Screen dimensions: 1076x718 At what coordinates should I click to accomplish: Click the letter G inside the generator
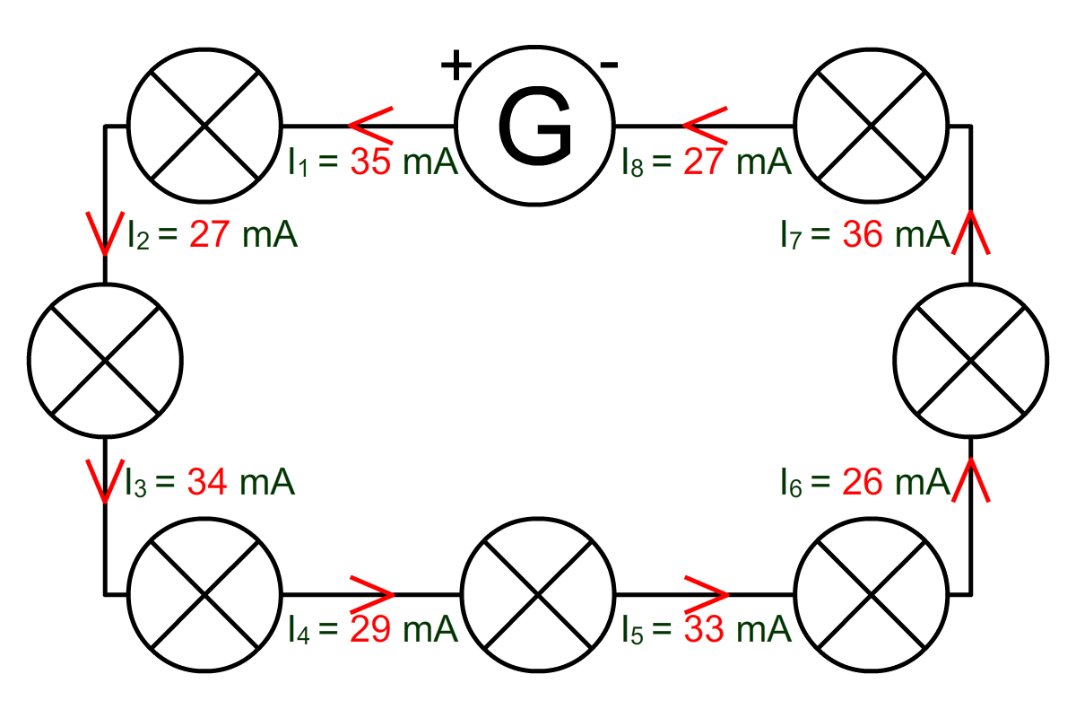534,127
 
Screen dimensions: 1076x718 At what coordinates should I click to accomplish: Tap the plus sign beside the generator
456,65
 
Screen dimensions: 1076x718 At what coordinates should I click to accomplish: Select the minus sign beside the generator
609,64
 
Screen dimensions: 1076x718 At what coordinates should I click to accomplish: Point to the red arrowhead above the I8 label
705,126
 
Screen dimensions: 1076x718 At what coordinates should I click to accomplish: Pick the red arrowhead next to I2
105,233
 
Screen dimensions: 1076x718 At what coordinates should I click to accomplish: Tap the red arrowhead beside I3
105,481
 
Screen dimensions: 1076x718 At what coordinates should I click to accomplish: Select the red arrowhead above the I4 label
372,594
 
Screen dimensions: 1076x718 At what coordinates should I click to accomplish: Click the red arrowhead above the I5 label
707,594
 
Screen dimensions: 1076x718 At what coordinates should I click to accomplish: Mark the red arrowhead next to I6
971,480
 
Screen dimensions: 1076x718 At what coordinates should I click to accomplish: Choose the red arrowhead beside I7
971,232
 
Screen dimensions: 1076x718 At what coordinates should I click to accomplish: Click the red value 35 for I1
370,162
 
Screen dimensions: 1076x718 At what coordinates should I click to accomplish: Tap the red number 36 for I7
863,234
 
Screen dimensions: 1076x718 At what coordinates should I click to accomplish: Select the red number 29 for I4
370,629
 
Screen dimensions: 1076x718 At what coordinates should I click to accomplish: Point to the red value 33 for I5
704,629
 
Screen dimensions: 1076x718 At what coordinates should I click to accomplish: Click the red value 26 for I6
863,481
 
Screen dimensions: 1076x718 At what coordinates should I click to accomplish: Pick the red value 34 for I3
207,481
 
